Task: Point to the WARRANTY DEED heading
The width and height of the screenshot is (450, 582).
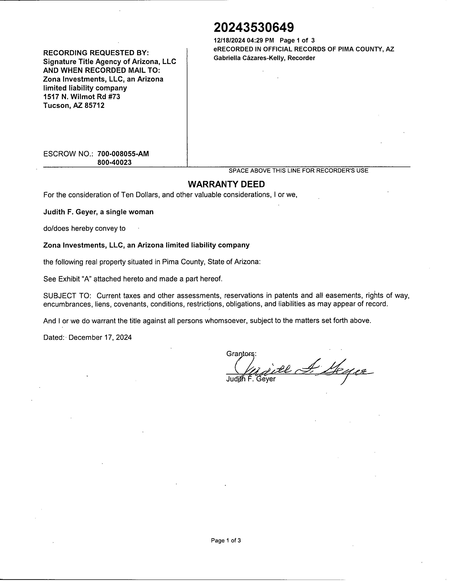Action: coord(226,184)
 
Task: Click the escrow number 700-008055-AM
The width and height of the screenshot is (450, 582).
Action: coord(123,154)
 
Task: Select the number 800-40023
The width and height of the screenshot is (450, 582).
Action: coord(115,162)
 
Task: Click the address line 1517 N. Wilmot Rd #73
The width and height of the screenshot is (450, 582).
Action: coord(82,97)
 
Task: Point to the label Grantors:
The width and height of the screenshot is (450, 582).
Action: coord(241,354)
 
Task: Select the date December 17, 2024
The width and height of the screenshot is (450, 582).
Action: coord(100,337)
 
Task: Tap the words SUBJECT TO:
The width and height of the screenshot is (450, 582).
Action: coord(67,296)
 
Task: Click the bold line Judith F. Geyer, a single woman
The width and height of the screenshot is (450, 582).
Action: coord(98,212)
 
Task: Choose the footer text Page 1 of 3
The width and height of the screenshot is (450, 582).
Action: coord(226,540)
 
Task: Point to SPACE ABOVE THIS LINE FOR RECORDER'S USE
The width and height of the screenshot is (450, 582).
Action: coord(298,171)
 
